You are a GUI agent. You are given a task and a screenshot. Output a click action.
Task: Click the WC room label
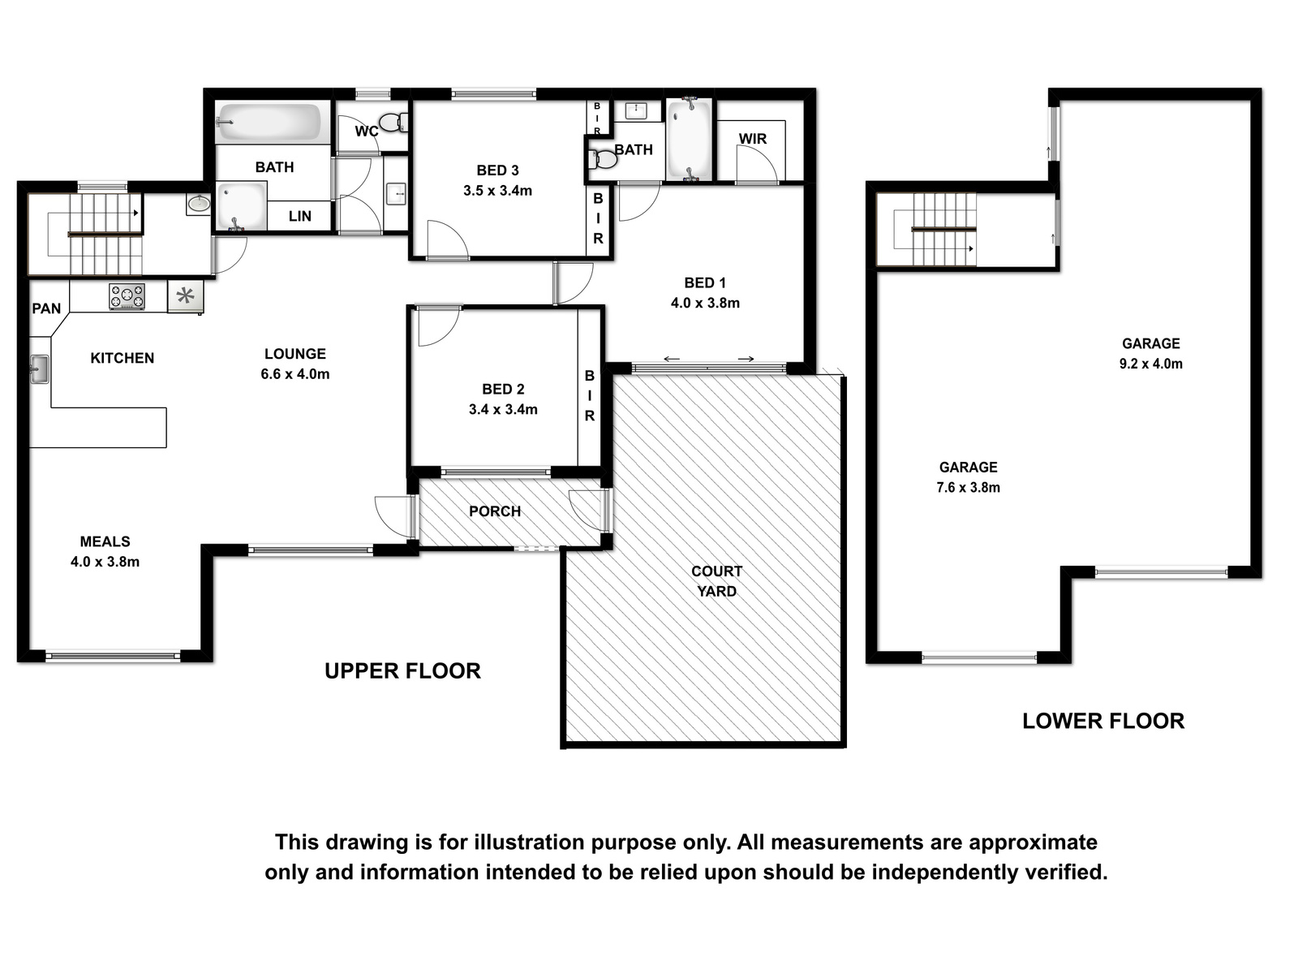[367, 131]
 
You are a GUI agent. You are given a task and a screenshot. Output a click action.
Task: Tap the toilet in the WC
[393, 123]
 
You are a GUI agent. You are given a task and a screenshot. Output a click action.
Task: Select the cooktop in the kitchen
[127, 296]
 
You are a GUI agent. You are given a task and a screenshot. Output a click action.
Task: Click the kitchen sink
[39, 369]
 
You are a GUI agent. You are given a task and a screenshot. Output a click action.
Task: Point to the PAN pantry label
[46, 308]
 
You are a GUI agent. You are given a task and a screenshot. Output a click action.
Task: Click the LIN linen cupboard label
[300, 217]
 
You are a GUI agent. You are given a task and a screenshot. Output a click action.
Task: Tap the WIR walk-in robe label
[752, 139]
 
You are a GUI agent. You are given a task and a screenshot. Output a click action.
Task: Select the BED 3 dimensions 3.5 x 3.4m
[497, 191]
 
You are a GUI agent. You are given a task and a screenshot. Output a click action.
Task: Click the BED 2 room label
[503, 389]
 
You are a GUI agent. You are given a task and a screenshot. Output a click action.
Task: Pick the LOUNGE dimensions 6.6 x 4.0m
[295, 374]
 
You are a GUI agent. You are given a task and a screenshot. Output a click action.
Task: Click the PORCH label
[495, 511]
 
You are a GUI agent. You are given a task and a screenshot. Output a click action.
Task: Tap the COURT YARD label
[716, 581]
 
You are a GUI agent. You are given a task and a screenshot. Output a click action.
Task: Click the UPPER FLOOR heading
[402, 671]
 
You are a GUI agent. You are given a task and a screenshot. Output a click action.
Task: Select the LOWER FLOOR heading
[1103, 721]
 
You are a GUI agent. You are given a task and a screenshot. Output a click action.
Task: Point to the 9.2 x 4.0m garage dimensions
[1150, 364]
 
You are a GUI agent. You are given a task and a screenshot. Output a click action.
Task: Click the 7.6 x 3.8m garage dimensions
[968, 487]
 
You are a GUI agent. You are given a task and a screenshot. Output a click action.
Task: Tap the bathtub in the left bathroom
[267, 123]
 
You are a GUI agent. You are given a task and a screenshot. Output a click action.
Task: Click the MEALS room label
[105, 541]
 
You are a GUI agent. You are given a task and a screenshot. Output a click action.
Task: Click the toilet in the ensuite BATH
[602, 159]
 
